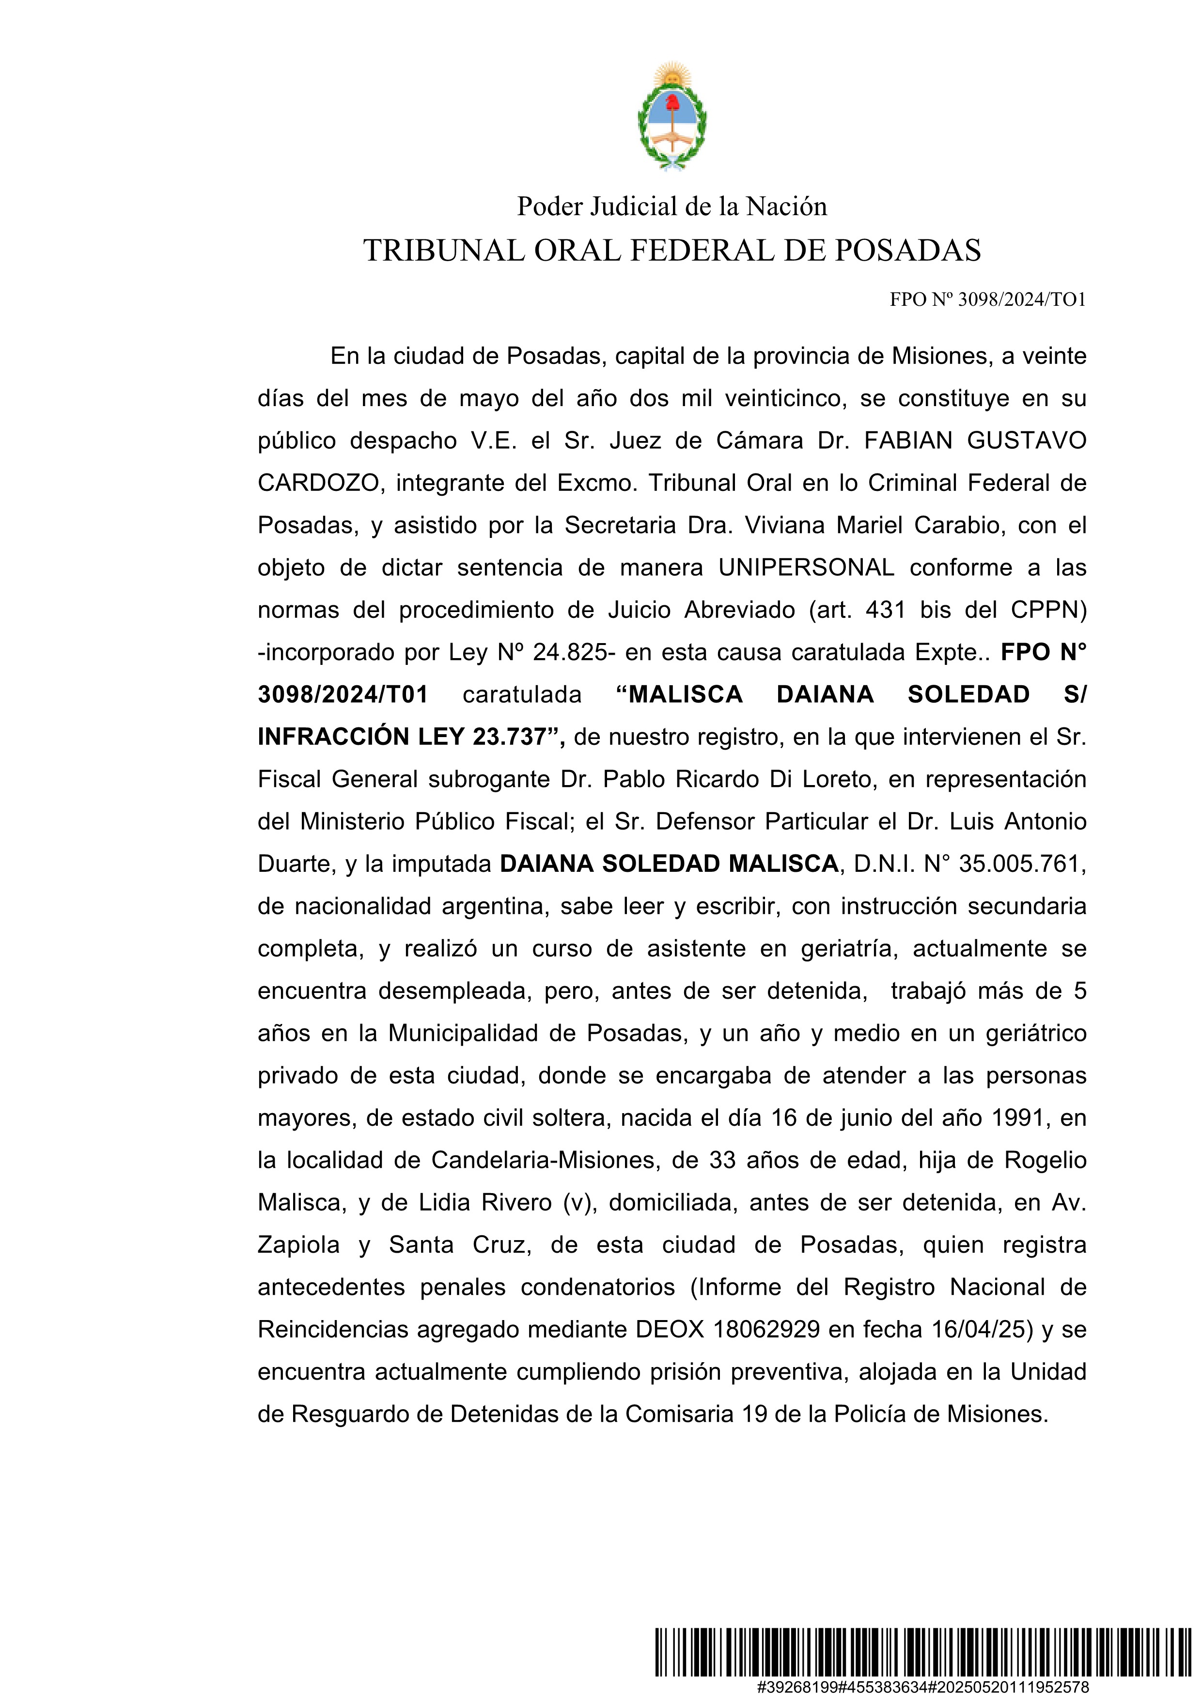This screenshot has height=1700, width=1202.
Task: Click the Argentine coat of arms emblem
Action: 671,117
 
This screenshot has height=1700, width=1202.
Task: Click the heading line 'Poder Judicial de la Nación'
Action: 671,206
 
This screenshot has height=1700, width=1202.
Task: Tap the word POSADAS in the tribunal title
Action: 907,251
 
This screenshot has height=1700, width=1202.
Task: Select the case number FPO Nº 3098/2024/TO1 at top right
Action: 987,300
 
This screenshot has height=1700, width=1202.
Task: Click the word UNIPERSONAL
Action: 806,568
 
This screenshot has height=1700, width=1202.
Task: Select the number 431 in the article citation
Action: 885,610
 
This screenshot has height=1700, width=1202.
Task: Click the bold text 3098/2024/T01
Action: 343,694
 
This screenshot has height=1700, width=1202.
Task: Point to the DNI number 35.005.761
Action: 1021,864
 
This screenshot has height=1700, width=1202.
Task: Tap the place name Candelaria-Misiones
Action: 545,1160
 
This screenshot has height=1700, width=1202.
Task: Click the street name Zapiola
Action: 298,1244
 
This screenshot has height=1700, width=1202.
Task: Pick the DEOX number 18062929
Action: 766,1329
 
